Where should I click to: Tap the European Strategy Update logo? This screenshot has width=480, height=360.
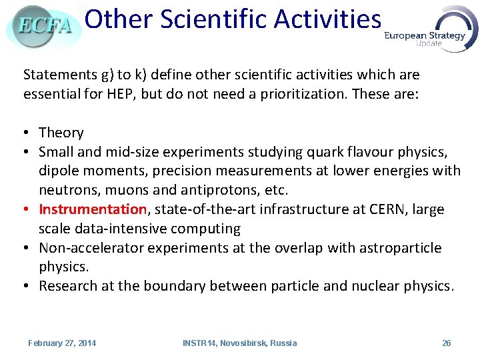431,31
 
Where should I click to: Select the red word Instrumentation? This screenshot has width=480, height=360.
93,209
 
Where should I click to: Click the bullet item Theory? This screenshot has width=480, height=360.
61,133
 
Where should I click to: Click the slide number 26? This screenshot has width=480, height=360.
446,343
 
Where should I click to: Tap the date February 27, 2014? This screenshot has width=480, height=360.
62,343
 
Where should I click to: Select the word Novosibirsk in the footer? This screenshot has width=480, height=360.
242,343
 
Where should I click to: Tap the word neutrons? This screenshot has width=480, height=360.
65,190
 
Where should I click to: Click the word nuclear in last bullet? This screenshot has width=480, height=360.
391,287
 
